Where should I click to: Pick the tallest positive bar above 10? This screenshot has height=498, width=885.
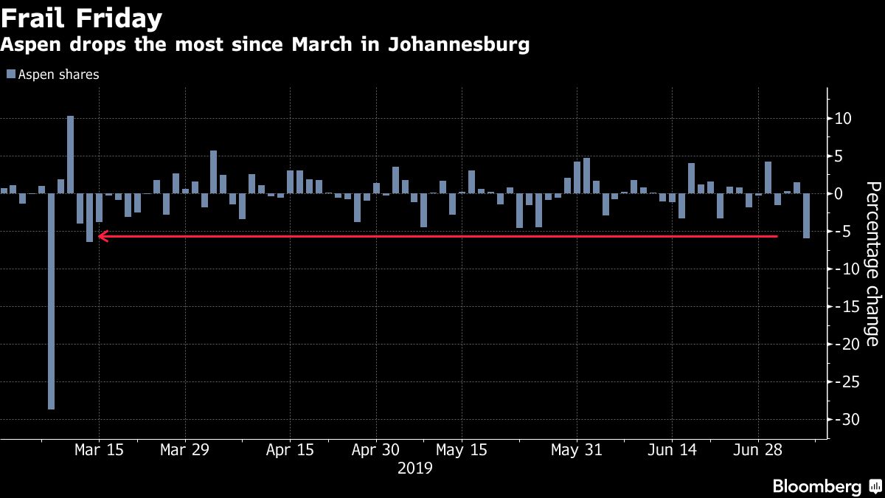point(71,154)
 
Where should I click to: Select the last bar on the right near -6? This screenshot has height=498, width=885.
point(807,215)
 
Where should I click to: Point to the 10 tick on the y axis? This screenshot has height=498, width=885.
point(844,119)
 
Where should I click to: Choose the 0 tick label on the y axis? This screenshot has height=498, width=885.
point(840,194)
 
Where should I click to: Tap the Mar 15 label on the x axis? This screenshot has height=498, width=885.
point(98,450)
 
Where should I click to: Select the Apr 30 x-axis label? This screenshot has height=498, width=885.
point(376,450)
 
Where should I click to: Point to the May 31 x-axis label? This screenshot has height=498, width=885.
point(576,450)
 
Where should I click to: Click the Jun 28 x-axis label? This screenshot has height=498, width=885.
point(759,450)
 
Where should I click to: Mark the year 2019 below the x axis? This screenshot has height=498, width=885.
point(414,468)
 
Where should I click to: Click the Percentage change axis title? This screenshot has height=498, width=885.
point(872,263)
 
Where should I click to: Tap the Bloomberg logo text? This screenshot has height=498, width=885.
point(816,486)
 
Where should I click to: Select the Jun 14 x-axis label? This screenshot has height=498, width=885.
point(671,450)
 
